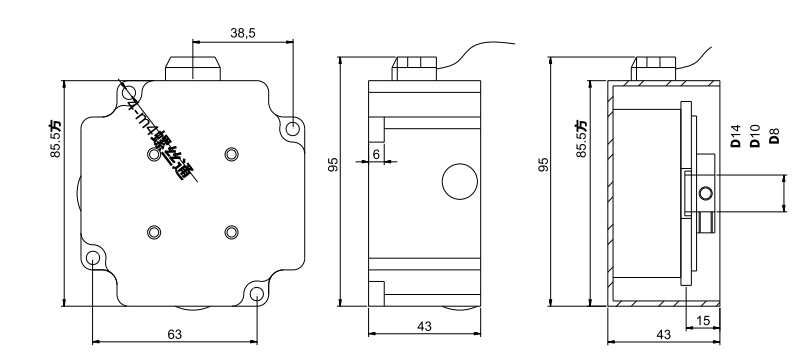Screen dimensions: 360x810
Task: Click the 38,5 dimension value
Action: coord(243,33)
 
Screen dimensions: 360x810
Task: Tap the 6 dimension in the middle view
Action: coord(376,153)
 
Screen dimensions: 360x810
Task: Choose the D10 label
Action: coord(754,136)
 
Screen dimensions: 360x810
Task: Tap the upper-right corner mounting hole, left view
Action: coord(292,129)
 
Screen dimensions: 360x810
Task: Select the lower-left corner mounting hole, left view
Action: coord(93,259)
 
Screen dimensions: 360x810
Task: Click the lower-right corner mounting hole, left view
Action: coord(256,295)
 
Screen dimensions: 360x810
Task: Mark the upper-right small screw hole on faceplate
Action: coord(232,153)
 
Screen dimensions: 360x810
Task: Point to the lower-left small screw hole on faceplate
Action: coord(153,232)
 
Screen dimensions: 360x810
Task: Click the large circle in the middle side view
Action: coord(459,181)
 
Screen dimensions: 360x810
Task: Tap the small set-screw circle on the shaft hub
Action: coord(706,193)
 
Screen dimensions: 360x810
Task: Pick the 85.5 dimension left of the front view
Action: coord(56,138)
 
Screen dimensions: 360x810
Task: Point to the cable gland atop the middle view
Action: coord(415,66)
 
